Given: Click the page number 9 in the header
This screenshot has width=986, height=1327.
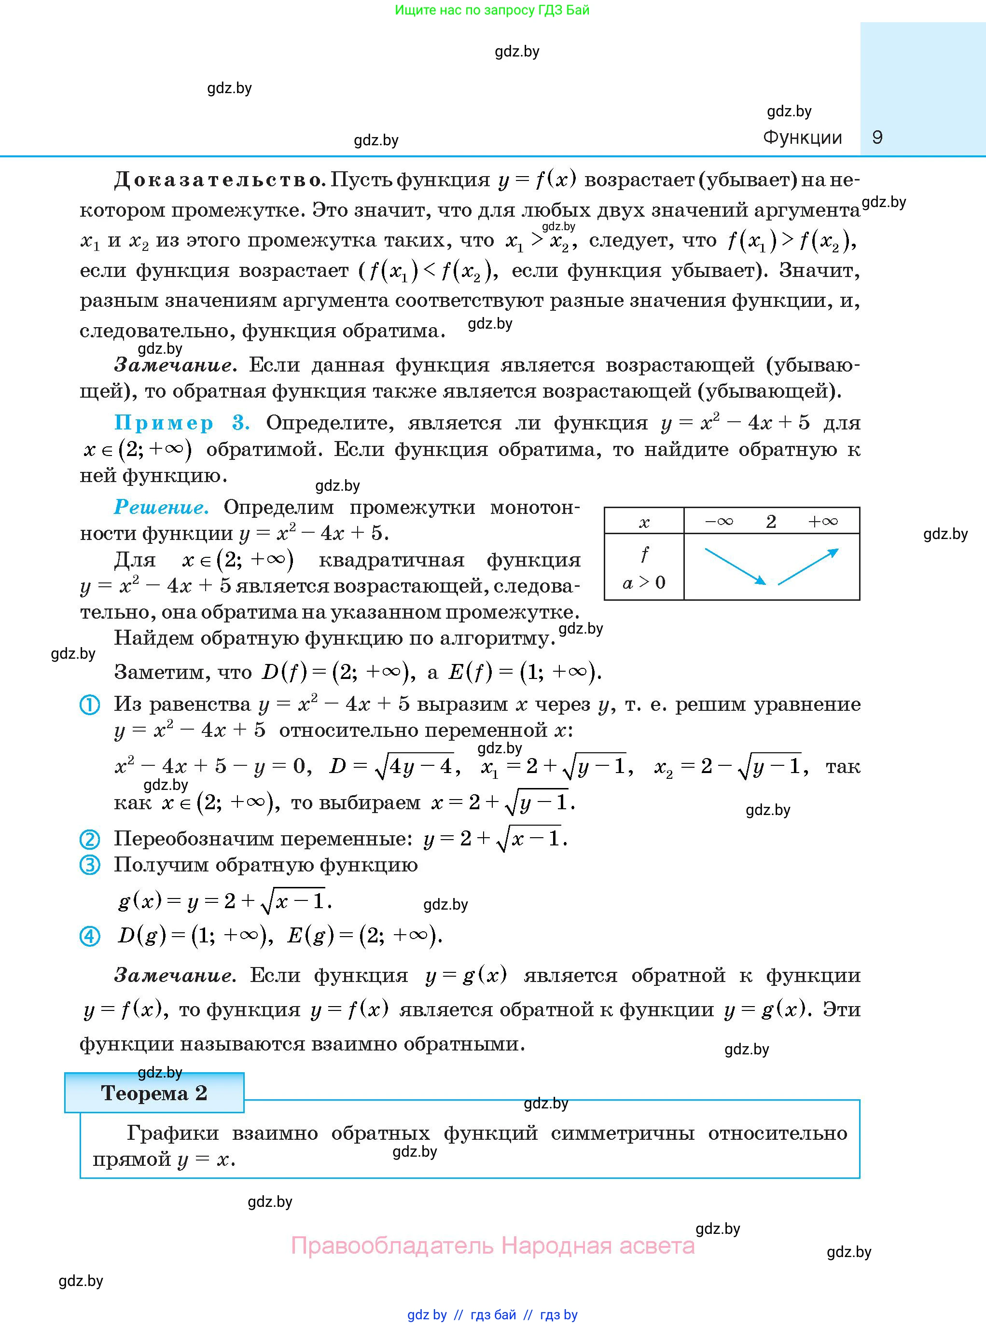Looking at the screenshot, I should pyautogui.click(x=877, y=138).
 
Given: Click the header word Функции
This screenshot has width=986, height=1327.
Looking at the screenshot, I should pyautogui.click(x=802, y=138).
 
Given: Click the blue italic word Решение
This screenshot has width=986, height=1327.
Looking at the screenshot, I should pyautogui.click(x=161, y=507).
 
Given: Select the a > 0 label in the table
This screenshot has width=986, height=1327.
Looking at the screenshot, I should pyautogui.click(x=644, y=582).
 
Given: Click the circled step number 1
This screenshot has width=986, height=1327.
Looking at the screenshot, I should pyautogui.click(x=90, y=705).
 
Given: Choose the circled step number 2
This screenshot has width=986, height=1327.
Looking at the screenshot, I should pyautogui.click(x=90, y=840).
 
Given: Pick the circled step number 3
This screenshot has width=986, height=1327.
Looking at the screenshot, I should pyautogui.click(x=90, y=865).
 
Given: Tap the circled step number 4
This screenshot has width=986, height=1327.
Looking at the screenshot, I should pyautogui.click(x=90, y=936).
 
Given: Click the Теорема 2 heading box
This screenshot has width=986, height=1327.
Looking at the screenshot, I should pyautogui.click(x=154, y=1093).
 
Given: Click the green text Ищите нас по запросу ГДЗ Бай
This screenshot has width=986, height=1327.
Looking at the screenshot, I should pyautogui.click(x=492, y=10).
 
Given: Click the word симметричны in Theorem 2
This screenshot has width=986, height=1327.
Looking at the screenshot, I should pyautogui.click(x=623, y=1133).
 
